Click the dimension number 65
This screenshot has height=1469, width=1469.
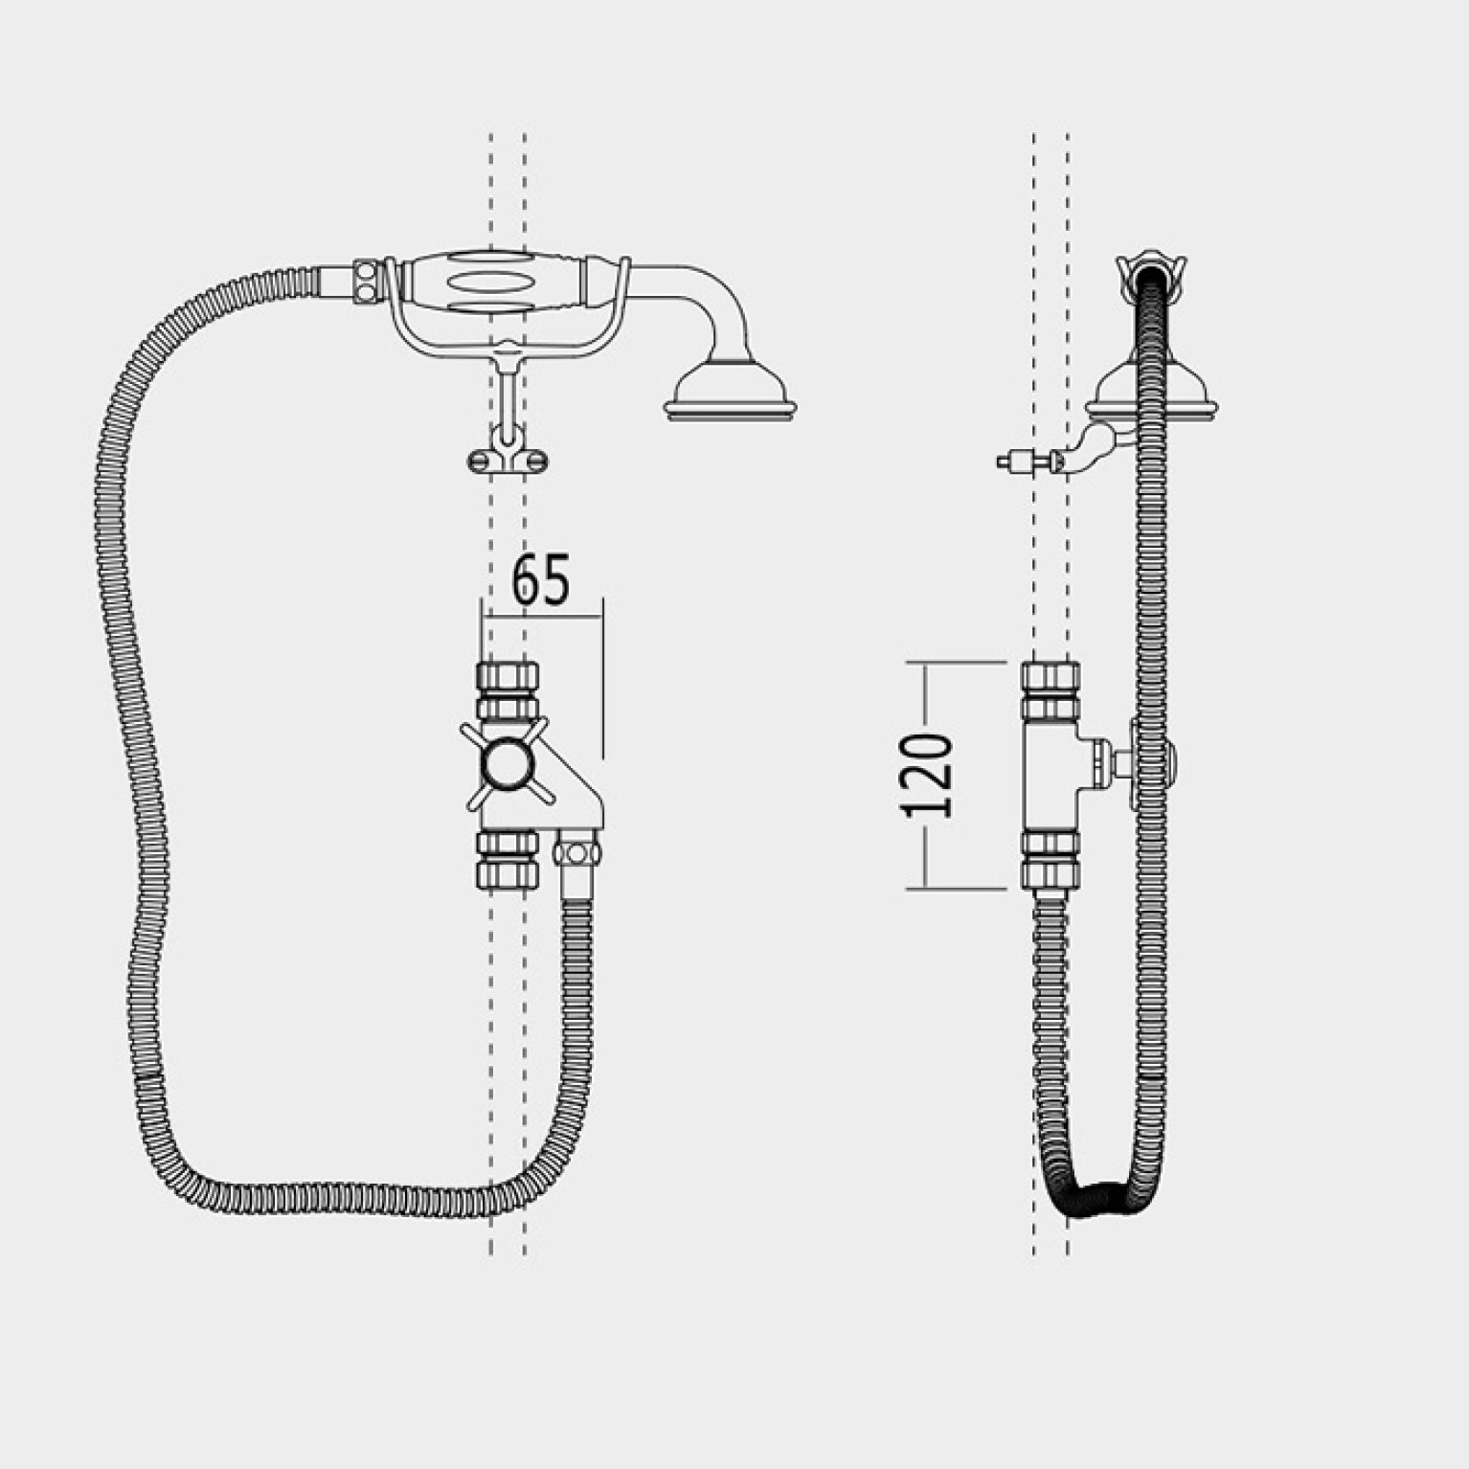(x=541, y=579)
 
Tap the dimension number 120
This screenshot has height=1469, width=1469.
(x=928, y=776)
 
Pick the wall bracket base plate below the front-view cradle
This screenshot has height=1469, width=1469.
(x=507, y=462)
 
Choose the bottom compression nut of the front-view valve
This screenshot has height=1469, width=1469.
(x=508, y=859)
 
